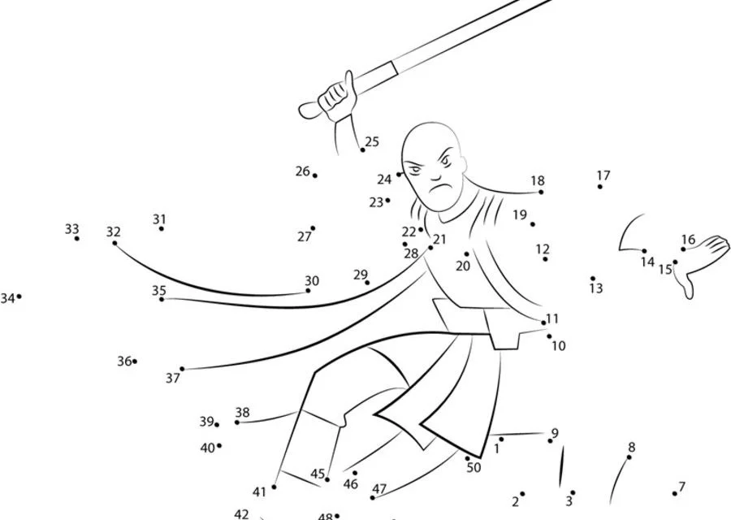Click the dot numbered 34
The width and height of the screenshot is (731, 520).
tap(19, 297)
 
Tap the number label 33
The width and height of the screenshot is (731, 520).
tap(71, 229)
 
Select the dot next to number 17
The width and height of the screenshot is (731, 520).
tap(600, 187)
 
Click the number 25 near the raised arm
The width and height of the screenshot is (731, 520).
tap(372, 141)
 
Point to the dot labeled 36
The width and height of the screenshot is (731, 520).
tap(135, 362)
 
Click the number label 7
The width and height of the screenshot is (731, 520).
tap(681, 487)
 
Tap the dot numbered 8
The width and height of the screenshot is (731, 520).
tap(629, 458)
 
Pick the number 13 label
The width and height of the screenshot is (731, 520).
tap(596, 288)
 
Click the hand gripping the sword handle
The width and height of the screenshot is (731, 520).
tap(335, 97)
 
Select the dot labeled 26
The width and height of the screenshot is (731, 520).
tap(315, 175)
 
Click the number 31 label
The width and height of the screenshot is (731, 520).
tap(159, 219)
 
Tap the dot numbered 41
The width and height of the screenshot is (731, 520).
tap(274, 487)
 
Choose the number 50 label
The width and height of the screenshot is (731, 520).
tap(474, 467)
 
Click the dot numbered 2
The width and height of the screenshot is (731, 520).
tap(522, 493)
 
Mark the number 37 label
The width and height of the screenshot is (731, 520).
tap(172, 378)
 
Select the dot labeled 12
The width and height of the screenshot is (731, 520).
tap(545, 259)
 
